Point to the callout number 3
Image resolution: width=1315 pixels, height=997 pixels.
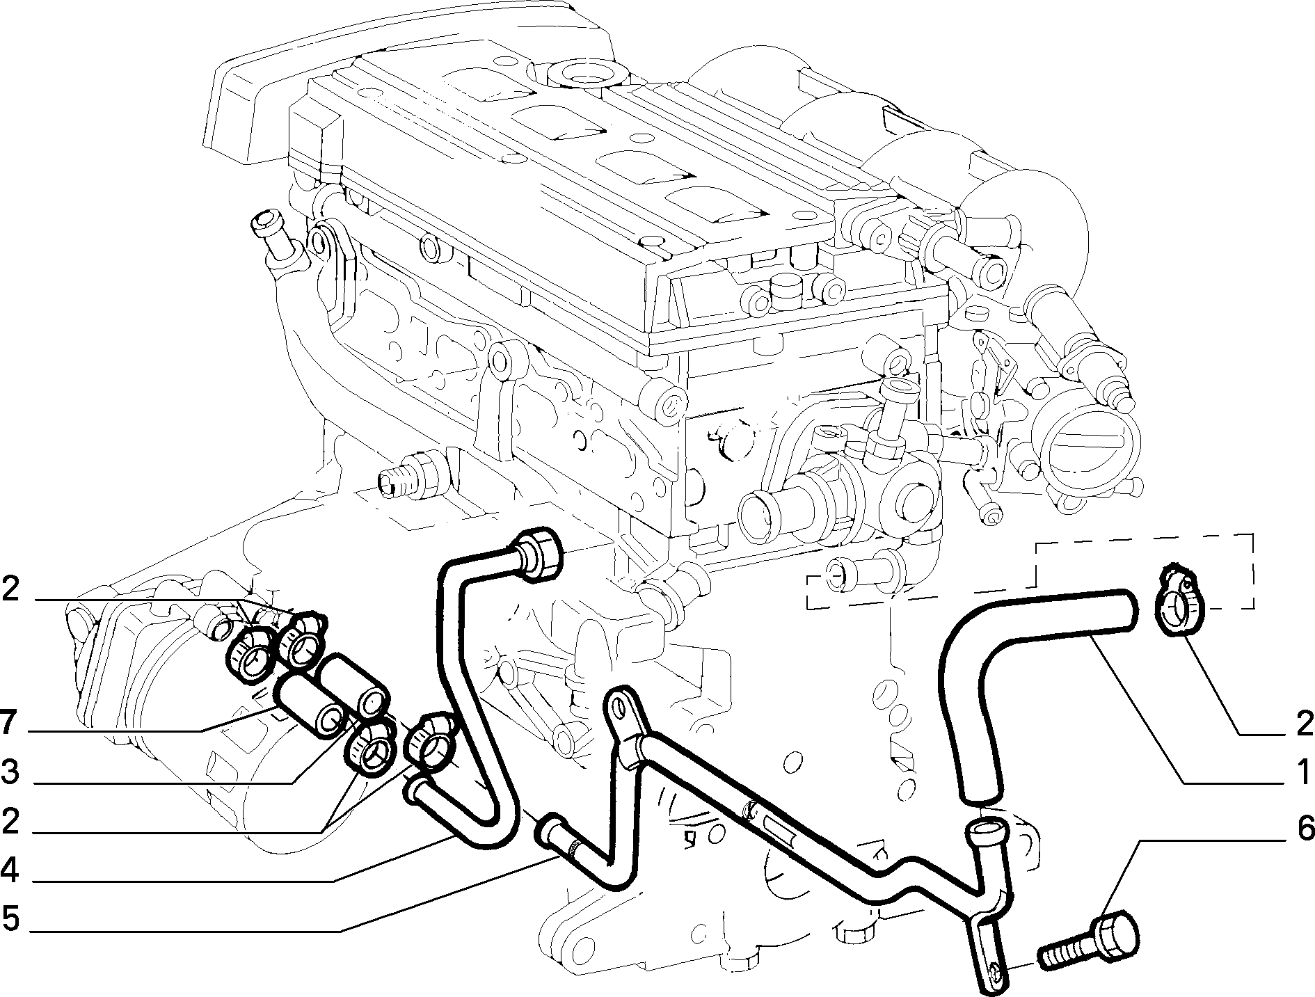[x=10, y=772]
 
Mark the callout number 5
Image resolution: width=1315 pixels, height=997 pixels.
[x=10, y=918]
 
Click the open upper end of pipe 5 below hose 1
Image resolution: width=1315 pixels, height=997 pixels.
[x=986, y=830]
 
